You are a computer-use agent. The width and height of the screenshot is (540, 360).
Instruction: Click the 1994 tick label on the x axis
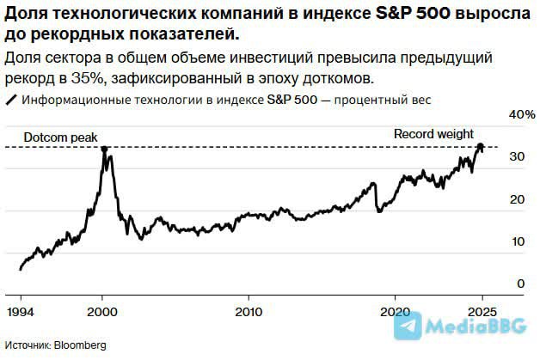coord(21,310)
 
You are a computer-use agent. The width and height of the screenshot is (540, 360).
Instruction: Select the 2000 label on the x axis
coord(103,310)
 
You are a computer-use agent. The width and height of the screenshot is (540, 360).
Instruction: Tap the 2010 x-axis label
coord(249,310)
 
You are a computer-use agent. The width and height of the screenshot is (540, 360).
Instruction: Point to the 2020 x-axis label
coord(396,310)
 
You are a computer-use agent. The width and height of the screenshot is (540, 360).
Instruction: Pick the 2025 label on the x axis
coord(483,310)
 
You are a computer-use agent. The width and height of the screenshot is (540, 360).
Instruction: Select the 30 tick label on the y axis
coord(516,157)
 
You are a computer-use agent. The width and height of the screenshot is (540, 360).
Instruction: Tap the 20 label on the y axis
coord(516,199)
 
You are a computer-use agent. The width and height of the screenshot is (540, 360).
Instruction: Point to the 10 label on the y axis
coord(516,241)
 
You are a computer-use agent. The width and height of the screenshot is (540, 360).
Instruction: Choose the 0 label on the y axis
coord(520,284)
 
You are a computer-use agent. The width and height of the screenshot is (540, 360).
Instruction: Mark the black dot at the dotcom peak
coord(104,149)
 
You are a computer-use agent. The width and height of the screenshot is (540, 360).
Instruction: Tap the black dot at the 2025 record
coord(481,147)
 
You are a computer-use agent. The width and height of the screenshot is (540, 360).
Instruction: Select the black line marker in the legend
coord(11,100)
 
